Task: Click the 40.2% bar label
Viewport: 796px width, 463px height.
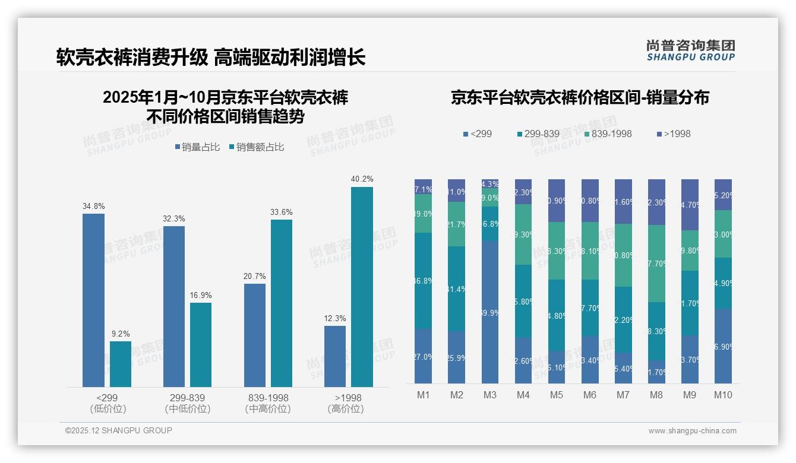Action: (362, 179)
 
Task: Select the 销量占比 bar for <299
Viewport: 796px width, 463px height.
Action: (93, 300)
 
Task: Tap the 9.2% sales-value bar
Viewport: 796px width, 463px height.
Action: (121, 364)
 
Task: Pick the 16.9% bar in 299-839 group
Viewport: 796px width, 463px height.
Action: (201, 345)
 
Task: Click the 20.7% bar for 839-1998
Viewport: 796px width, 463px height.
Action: (255, 335)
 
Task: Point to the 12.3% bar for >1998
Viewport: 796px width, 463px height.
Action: (335, 356)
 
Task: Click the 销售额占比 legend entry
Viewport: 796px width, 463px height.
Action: (256, 147)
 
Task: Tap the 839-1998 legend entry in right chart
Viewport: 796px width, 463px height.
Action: (608, 134)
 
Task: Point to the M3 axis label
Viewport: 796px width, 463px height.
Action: (490, 395)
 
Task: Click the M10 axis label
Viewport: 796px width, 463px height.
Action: (723, 395)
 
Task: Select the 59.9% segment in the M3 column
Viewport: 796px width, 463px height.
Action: (490, 312)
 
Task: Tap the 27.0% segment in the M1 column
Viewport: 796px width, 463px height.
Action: (424, 356)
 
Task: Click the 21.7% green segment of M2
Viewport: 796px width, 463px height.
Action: (457, 224)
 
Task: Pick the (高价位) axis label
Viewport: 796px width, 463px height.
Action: (345, 409)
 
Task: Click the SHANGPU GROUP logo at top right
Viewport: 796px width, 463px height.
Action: (690, 50)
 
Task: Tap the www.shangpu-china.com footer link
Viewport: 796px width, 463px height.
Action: (692, 431)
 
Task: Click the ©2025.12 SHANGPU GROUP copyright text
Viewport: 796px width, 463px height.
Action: (119, 430)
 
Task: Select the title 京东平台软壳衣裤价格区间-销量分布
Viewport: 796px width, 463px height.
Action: (579, 98)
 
